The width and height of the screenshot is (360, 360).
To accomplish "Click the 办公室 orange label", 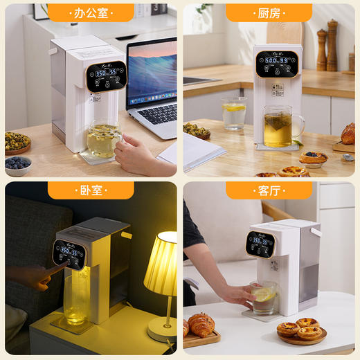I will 90,12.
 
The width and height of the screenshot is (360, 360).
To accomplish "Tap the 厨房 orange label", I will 269,12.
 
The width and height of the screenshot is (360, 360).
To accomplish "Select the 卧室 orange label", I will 90,190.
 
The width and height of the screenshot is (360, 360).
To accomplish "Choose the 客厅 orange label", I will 269,190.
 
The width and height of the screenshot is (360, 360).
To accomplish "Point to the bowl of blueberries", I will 18,165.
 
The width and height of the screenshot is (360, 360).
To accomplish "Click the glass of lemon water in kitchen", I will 233,114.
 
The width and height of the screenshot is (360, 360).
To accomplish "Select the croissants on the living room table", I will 201,325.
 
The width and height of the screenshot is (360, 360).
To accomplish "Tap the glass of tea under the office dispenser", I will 103,139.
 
